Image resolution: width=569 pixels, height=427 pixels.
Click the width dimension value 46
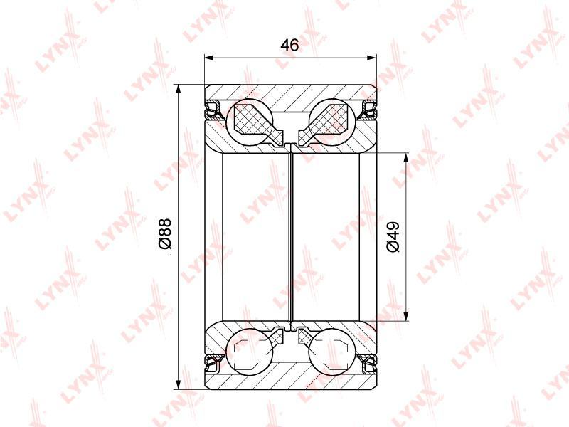coord(290,45)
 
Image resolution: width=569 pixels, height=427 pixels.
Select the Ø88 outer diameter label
coord(165,234)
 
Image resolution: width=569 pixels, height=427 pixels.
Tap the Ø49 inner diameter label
coord(393,236)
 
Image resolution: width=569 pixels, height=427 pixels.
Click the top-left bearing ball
coord(249,122)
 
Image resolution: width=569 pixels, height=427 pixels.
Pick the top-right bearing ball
coord(331,122)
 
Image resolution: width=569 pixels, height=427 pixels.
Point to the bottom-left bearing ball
coord(249,352)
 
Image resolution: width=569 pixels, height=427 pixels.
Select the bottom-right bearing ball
coord(331,352)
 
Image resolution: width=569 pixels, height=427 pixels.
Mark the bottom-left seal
coord(214,364)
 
